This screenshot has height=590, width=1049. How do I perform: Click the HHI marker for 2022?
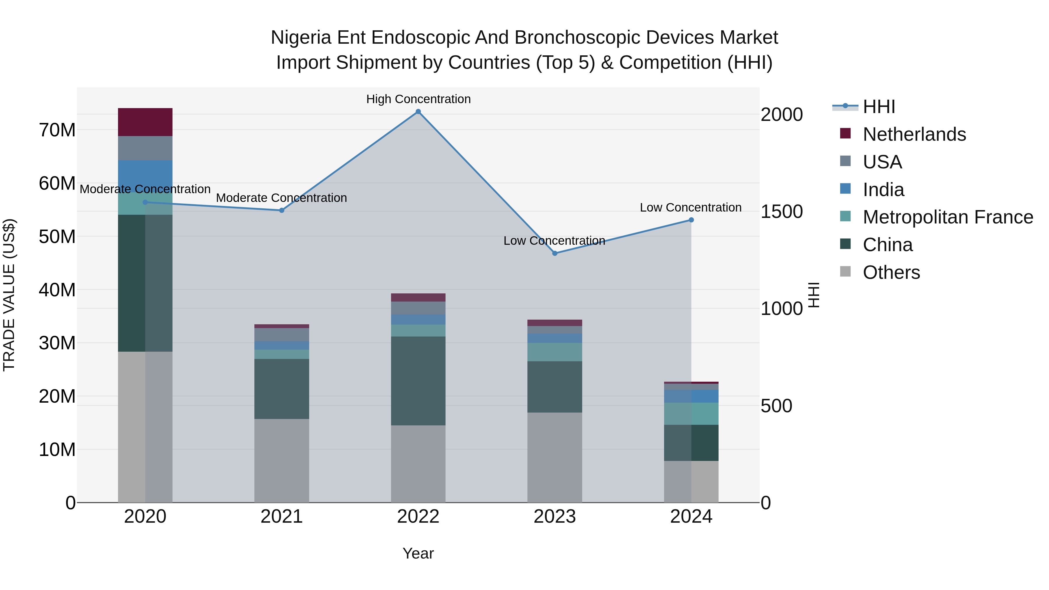tap(418, 112)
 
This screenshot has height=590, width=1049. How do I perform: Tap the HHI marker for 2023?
tap(555, 253)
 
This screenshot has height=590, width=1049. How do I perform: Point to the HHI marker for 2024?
tap(691, 220)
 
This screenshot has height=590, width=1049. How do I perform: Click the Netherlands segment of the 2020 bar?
tap(145, 122)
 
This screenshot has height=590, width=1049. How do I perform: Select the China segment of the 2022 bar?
tap(418, 381)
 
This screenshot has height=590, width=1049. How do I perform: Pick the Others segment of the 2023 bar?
tap(555, 457)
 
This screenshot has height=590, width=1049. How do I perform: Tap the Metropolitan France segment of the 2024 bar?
tap(691, 414)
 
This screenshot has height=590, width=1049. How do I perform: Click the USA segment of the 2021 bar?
tap(281, 334)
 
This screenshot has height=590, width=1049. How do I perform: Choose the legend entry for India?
tap(883, 190)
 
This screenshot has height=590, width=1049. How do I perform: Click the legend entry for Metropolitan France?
tap(947, 217)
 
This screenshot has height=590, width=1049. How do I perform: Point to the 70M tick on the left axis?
tap(57, 130)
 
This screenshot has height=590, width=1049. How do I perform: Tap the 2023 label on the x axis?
tap(555, 517)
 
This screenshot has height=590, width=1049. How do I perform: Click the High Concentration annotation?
tap(418, 99)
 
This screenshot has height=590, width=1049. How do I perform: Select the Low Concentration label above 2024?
tap(690, 207)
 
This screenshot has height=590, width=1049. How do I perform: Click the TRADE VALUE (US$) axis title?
tap(9, 295)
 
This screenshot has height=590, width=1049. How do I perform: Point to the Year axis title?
tap(418, 553)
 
